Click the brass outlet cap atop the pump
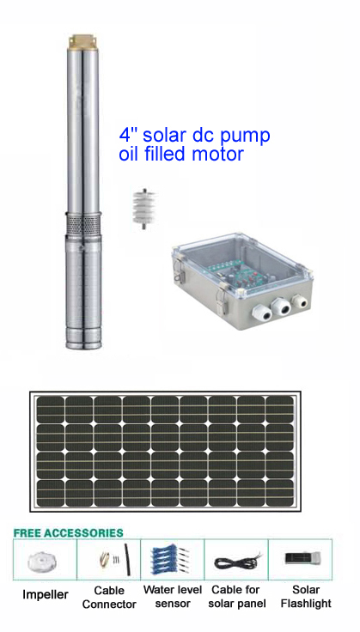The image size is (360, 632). coord(83,41)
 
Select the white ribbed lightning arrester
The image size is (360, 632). coord(143,208)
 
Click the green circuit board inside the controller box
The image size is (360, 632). coord(243,273)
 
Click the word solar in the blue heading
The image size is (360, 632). coord(165,135)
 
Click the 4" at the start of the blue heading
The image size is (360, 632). coord(129,134)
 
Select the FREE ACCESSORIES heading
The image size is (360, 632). coord(68,532)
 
